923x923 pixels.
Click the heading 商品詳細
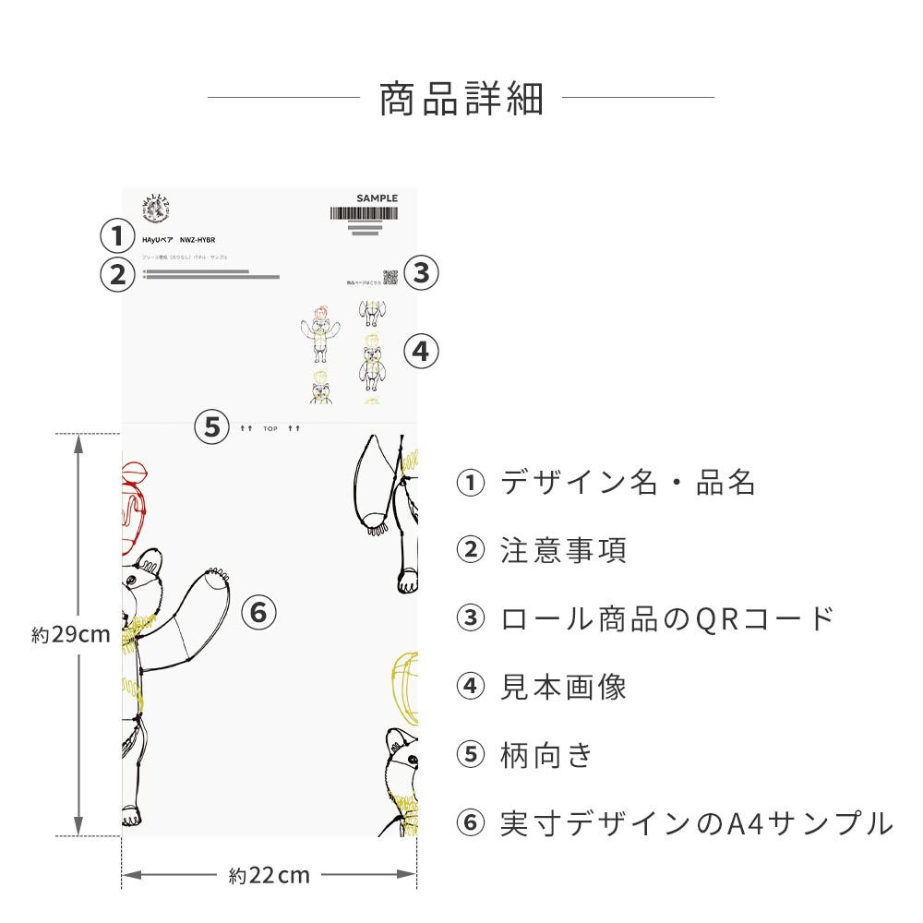coord(461,99)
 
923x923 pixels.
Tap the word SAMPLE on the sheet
coord(377,198)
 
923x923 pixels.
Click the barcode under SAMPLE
coord(364,213)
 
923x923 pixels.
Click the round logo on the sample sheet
coord(154,209)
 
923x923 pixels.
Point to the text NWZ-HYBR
coord(198,239)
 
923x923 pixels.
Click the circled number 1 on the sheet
coord(117,235)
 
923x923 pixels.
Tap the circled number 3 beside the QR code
coord(421,272)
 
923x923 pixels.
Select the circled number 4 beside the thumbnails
coord(421,351)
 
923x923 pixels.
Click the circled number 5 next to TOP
coord(212,427)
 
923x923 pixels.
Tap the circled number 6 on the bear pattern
coord(258,611)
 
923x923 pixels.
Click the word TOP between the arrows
coord(270,429)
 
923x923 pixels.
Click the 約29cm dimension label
coord(71,635)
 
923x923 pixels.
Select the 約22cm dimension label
coord(269,875)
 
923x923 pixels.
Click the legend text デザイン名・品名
coord(628,483)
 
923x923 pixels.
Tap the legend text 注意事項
coord(563,551)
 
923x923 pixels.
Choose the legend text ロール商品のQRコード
coord(667,618)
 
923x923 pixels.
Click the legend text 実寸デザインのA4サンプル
coord(696,823)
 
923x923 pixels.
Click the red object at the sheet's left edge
coord(135,503)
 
